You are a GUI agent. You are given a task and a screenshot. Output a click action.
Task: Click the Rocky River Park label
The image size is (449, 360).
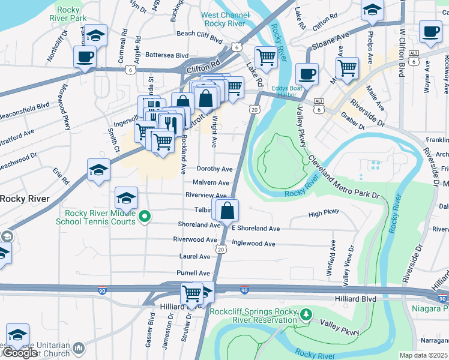[70, 14]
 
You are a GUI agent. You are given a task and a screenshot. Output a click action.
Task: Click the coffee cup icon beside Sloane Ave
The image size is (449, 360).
[307, 74]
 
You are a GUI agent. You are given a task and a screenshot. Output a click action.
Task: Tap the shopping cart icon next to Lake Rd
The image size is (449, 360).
[266, 58]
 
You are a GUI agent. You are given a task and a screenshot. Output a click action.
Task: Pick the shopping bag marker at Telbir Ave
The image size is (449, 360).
[228, 211]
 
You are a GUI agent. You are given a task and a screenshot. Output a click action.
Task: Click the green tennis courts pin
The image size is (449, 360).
[144, 217]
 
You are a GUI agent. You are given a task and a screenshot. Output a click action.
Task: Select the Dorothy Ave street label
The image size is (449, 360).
[214, 169]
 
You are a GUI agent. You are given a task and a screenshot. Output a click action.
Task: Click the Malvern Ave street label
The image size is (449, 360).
[211, 182]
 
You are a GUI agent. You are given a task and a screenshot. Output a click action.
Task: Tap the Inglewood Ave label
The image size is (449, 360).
[253, 244]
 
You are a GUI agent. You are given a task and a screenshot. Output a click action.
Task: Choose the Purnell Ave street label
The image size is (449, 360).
[193, 273]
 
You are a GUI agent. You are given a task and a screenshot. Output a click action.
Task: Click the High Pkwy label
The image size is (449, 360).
[324, 212]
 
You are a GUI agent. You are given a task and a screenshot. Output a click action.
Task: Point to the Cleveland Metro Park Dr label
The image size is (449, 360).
[345, 179]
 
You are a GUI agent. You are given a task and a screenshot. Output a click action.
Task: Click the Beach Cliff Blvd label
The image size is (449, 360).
[200, 34]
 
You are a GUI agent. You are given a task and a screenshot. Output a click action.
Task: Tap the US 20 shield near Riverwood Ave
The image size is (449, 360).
[221, 249]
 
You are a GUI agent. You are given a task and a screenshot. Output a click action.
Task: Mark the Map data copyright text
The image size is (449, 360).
[423, 355]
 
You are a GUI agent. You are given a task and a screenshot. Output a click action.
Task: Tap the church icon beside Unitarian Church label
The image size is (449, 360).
[79, 349]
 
